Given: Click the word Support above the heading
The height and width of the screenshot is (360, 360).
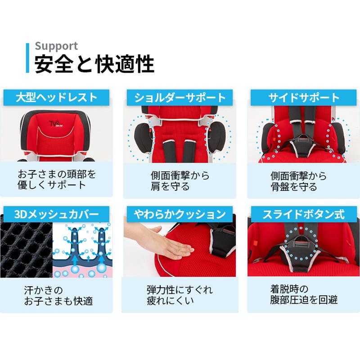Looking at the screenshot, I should [x=56, y=46].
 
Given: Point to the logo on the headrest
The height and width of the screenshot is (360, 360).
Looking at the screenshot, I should [x=56, y=120].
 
